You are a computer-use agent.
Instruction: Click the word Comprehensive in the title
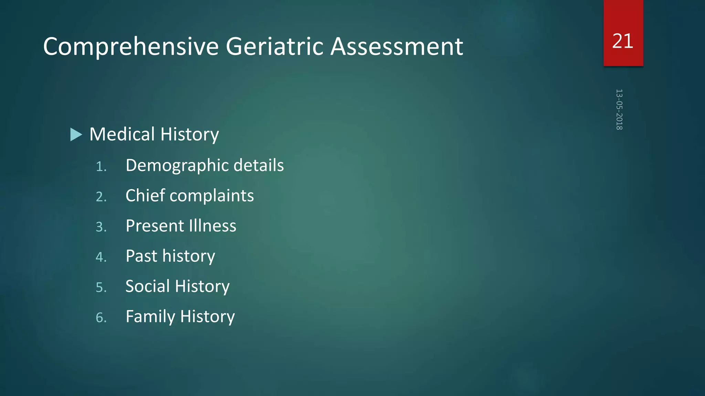[131, 47]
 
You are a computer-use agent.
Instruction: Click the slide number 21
[623, 41]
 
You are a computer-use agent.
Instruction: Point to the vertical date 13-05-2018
[619, 109]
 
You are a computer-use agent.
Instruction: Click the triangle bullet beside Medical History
[76, 134]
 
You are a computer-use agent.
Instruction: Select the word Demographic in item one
[177, 166]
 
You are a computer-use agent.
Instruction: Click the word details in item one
[259, 165]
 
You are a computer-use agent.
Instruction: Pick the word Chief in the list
[145, 196]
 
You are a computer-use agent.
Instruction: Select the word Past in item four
[140, 256]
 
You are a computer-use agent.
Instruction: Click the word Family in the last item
[150, 317]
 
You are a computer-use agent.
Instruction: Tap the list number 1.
[101, 167]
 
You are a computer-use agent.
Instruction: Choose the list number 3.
[101, 227]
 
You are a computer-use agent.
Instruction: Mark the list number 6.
[101, 318]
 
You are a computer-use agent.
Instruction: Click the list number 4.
[101, 257]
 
